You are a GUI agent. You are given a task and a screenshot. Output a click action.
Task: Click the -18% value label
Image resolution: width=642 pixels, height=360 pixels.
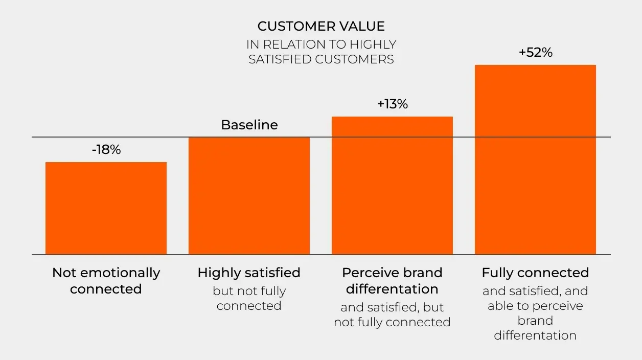click(x=106, y=150)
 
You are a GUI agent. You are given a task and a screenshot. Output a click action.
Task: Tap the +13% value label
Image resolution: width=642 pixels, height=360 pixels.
click(x=393, y=104)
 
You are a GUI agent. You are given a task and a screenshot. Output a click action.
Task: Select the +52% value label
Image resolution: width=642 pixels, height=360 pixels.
click(x=535, y=52)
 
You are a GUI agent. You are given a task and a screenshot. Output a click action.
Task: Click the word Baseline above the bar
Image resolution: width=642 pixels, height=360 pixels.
click(x=249, y=125)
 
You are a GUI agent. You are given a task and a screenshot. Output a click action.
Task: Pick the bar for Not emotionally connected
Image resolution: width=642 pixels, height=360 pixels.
click(x=106, y=208)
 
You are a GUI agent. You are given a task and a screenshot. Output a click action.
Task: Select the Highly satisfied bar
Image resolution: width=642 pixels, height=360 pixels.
click(x=249, y=196)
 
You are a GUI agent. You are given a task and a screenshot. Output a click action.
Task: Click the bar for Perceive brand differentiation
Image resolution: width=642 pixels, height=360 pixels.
click(x=392, y=186)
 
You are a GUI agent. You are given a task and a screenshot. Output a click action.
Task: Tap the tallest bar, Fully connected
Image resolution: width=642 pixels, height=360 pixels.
click(x=535, y=160)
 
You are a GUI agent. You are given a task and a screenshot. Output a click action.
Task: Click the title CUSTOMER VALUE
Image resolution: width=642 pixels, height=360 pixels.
click(x=321, y=26)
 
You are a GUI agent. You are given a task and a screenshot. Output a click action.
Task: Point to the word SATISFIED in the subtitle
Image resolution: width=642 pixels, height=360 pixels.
click(x=280, y=59)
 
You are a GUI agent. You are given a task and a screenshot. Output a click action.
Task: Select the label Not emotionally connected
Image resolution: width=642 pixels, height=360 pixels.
click(x=106, y=281)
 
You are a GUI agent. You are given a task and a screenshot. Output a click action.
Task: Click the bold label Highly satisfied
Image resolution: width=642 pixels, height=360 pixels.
click(x=249, y=273)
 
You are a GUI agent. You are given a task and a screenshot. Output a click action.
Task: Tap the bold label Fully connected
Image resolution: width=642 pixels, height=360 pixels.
click(x=535, y=273)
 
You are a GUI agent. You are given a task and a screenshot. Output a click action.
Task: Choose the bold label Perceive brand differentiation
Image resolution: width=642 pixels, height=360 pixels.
click(x=392, y=281)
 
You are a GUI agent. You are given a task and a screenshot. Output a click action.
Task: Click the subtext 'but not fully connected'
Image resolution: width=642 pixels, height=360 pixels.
click(x=249, y=298)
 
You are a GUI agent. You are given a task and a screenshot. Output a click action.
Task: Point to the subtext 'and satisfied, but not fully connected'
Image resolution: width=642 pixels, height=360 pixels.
click(x=392, y=314)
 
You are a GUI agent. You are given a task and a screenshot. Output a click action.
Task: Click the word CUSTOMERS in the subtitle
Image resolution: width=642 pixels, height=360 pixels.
click(x=354, y=59)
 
